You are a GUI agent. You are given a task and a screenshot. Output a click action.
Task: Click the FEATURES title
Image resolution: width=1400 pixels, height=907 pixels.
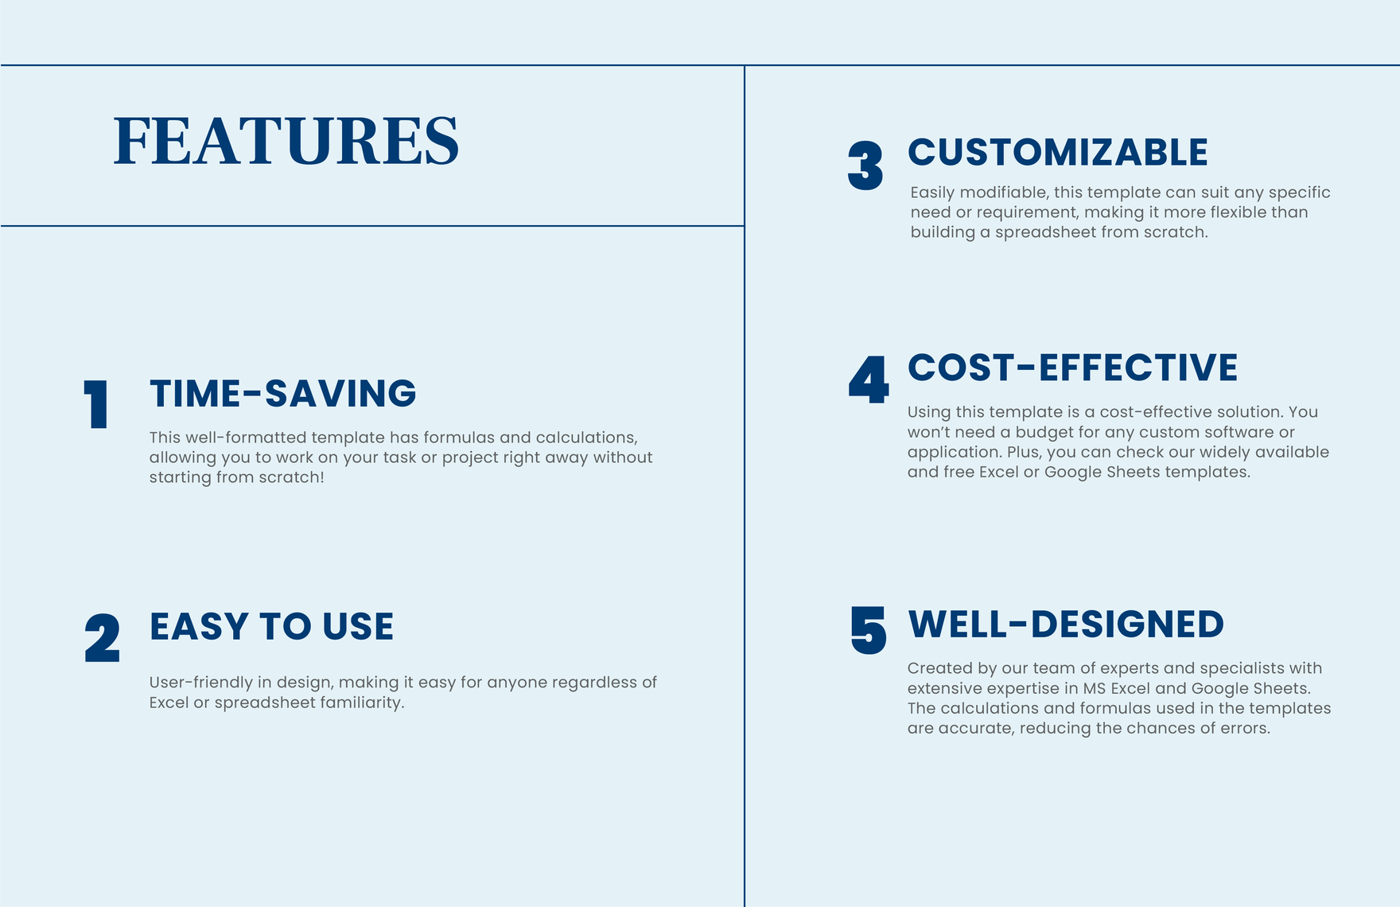(x=286, y=141)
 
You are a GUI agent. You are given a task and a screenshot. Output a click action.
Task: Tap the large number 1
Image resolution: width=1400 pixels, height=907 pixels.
(x=97, y=404)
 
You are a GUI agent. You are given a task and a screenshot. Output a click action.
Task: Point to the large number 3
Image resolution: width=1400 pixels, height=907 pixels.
(x=865, y=165)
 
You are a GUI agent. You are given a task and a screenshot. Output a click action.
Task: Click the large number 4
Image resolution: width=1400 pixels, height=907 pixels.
(x=869, y=380)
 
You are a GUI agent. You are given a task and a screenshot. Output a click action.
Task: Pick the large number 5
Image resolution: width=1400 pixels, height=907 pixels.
(x=869, y=630)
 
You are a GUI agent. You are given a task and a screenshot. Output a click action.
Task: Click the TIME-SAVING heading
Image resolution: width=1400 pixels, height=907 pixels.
(x=283, y=394)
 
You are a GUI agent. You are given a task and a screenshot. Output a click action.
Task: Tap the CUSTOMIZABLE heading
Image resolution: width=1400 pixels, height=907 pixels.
(x=1058, y=152)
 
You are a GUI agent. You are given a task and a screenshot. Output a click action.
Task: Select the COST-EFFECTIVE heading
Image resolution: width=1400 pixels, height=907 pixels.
(x=1073, y=368)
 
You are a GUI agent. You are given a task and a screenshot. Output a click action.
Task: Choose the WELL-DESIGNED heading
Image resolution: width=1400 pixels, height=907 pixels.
(x=1066, y=625)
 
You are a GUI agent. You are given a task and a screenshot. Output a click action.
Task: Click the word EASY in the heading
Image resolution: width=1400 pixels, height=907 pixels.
(x=200, y=627)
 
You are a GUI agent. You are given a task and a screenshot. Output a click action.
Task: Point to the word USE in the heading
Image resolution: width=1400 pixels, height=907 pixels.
(x=358, y=627)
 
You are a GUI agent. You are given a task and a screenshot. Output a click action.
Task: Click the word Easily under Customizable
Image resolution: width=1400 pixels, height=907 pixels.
(x=932, y=193)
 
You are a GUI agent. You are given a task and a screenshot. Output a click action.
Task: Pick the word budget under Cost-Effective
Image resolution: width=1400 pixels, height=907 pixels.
(x=1042, y=432)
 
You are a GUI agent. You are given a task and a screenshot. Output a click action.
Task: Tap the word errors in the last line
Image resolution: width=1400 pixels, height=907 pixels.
(x=1243, y=728)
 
